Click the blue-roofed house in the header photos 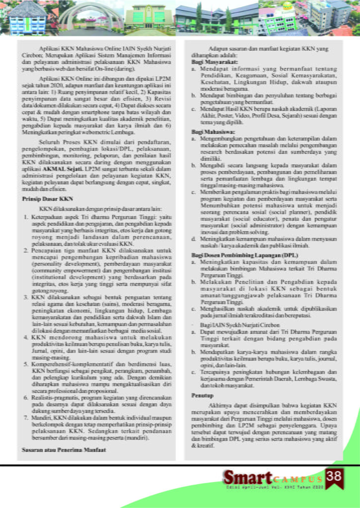(27, 17)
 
